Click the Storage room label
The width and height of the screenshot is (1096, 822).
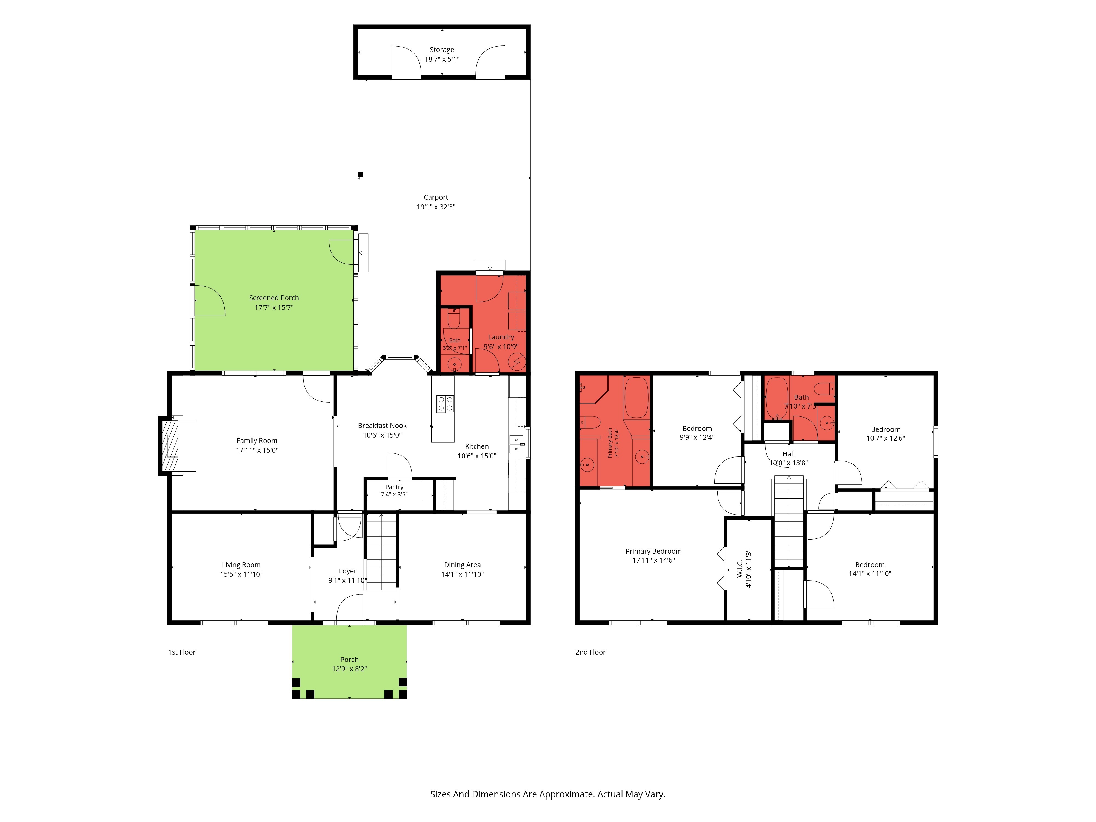pyautogui.click(x=441, y=50)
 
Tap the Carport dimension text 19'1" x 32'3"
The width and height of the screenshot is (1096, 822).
pyautogui.click(x=436, y=207)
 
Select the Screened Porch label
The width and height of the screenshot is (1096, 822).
pyautogui.click(x=274, y=298)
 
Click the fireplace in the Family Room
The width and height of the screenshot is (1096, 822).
pyautogui.click(x=169, y=446)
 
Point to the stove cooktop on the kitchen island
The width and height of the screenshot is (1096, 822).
pyautogui.click(x=445, y=404)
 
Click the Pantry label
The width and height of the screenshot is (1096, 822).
pyautogui.click(x=394, y=487)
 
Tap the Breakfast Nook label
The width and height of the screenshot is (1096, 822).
pyautogui.click(x=382, y=426)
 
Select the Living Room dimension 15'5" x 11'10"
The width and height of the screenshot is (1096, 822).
pyautogui.click(x=241, y=574)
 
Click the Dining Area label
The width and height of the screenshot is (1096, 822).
pyautogui.click(x=462, y=565)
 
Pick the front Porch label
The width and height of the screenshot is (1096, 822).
pyautogui.click(x=349, y=660)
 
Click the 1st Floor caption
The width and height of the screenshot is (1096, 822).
pyautogui.click(x=182, y=652)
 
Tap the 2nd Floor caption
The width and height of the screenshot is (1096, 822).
pyautogui.click(x=590, y=652)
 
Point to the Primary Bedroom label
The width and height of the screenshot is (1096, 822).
pyautogui.click(x=653, y=552)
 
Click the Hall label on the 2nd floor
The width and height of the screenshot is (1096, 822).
pyautogui.click(x=788, y=454)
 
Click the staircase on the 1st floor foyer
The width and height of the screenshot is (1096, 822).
pyautogui.click(x=381, y=552)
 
